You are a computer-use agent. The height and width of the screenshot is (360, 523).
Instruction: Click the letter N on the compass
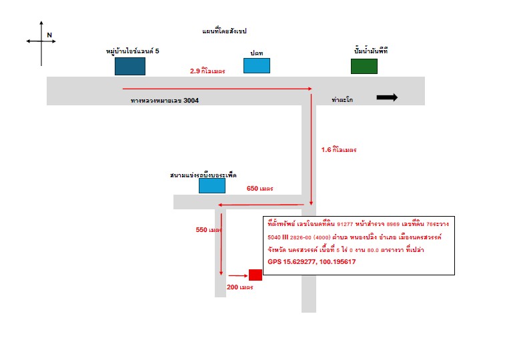click(x=49, y=35)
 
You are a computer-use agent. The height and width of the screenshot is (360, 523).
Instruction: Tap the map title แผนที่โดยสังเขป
click(x=224, y=31)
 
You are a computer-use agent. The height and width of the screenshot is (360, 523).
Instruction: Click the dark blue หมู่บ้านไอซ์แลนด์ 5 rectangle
click(x=130, y=67)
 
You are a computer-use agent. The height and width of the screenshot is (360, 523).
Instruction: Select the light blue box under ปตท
click(x=257, y=65)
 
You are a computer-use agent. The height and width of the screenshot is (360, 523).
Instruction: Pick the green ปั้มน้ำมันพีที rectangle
click(x=364, y=67)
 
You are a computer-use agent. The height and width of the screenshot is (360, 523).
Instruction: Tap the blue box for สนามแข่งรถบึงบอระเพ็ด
click(x=212, y=185)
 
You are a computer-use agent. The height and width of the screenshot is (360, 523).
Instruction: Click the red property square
click(x=255, y=275)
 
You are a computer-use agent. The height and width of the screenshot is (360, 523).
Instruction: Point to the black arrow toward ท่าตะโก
click(x=387, y=97)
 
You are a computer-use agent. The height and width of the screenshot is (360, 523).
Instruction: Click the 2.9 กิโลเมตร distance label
click(x=207, y=71)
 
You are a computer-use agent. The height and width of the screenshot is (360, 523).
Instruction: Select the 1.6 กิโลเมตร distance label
click(x=339, y=150)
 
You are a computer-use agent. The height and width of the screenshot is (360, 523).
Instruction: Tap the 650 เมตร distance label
click(x=260, y=189)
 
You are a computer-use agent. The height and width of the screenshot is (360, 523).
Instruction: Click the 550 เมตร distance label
click(x=209, y=230)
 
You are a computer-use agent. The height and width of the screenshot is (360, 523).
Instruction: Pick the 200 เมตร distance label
click(x=240, y=287)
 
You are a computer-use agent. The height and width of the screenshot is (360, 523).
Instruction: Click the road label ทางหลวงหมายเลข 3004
click(x=165, y=101)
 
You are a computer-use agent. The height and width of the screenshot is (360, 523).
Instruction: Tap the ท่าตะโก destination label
click(x=342, y=100)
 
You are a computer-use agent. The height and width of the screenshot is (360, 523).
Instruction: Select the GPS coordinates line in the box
click(x=312, y=262)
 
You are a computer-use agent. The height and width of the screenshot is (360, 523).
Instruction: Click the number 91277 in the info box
click(x=345, y=224)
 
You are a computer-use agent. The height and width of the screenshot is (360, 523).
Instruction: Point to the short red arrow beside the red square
click(x=238, y=276)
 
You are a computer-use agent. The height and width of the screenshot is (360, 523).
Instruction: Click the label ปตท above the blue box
click(x=257, y=53)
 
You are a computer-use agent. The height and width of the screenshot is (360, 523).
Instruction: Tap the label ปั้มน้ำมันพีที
click(x=371, y=51)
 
